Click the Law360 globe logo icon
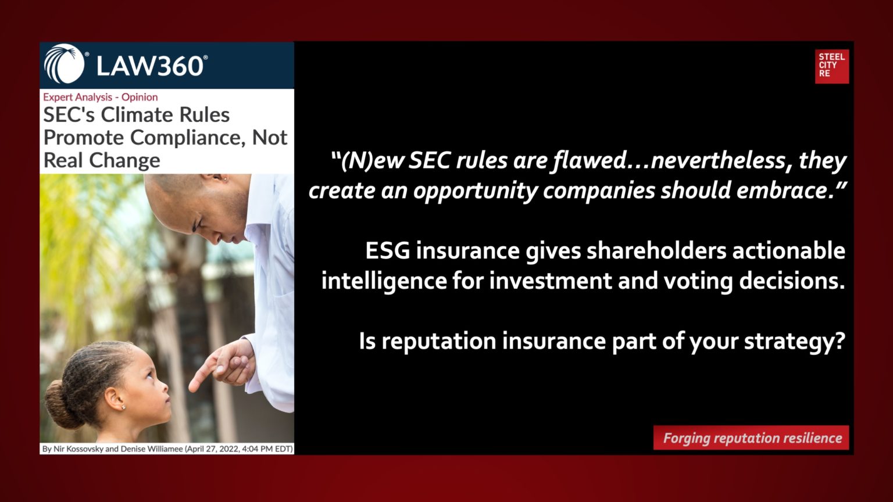[x=65, y=64]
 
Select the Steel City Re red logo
[x=831, y=66]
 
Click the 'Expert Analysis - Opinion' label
[x=100, y=97]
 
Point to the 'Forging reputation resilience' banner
[x=751, y=438]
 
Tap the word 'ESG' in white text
[x=387, y=251]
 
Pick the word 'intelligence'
[x=383, y=281]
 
